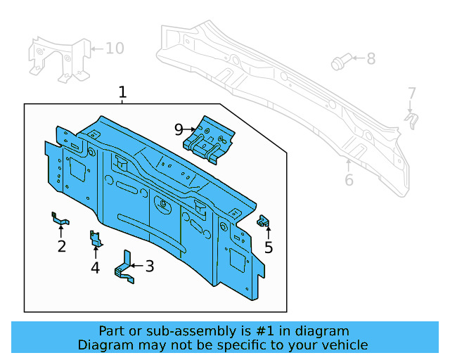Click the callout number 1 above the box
[x=122, y=92]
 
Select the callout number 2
[x=62, y=246]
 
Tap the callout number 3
[x=149, y=266]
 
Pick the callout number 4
[x=95, y=267]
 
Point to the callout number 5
[x=269, y=247]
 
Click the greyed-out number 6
[x=349, y=181]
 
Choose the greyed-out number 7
[x=412, y=93]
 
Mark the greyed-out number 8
[x=371, y=59]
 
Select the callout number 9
[x=179, y=129]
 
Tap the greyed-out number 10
[x=114, y=48]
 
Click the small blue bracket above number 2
[x=59, y=219]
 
